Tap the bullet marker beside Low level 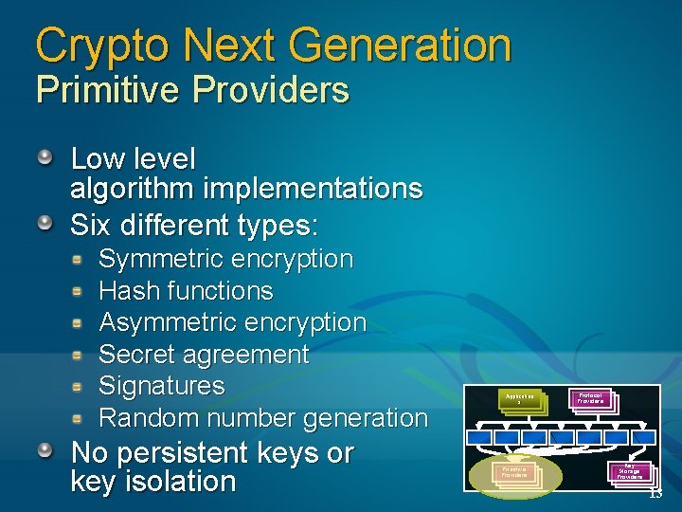[45, 157]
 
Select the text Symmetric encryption [225, 259]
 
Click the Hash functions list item [186, 291]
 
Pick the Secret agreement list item [204, 355]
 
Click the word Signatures [162, 386]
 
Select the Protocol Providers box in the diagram [591, 399]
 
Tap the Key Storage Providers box [630, 471]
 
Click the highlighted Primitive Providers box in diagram [514, 471]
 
